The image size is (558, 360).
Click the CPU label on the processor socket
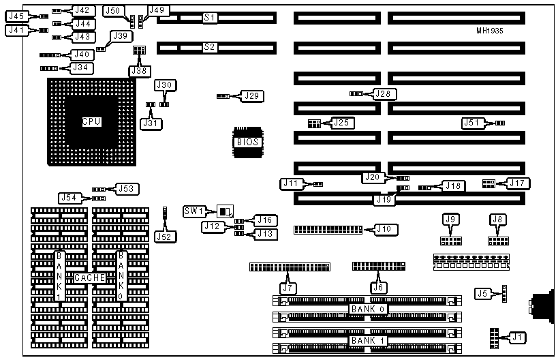[91, 122]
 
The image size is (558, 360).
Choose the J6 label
[378, 288]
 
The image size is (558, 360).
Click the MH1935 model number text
[491, 31]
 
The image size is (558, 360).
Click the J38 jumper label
[139, 70]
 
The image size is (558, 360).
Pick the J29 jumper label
[252, 96]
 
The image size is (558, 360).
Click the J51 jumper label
[471, 123]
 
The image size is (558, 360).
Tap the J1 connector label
[518, 337]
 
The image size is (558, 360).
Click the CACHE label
[90, 278]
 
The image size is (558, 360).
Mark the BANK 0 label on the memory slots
[368, 310]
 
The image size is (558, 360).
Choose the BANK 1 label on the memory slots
[368, 340]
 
